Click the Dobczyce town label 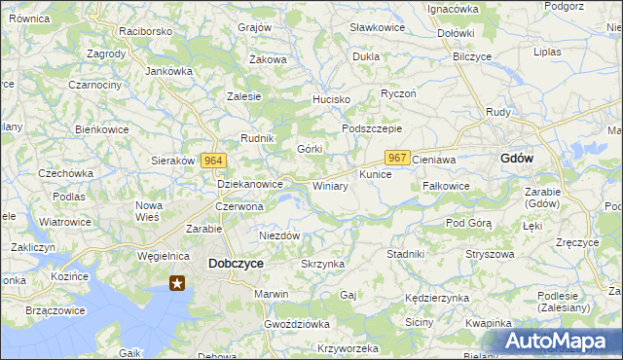[x=236, y=263]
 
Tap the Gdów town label [x=516, y=158]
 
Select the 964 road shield [x=215, y=161]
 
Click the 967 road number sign [x=396, y=158]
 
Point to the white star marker [x=177, y=283]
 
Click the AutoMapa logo [x=559, y=341]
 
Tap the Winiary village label [x=330, y=185]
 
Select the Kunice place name [x=375, y=174]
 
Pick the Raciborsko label [x=145, y=31]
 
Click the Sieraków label [x=174, y=161]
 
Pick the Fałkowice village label [x=447, y=185]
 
